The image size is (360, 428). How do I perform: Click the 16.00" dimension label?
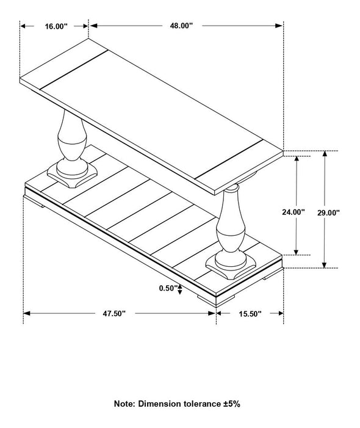pyautogui.click(x=56, y=26)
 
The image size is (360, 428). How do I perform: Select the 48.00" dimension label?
pyautogui.click(x=181, y=26)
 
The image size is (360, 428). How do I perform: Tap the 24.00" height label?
pyautogui.click(x=293, y=212)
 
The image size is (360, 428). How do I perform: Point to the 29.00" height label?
pyautogui.click(x=328, y=213)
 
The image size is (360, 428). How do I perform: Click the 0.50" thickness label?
pyautogui.click(x=168, y=288)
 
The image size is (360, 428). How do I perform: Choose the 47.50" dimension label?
pyautogui.click(x=114, y=314)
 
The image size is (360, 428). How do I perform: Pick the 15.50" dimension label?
pyautogui.click(x=250, y=314)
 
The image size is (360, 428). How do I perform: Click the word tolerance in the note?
pyautogui.click(x=201, y=404)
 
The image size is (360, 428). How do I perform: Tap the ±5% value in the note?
pyautogui.click(x=231, y=404)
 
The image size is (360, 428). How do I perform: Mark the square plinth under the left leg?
pyautogui.click(x=72, y=175)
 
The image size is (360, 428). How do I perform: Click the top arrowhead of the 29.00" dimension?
pyautogui.click(x=324, y=154)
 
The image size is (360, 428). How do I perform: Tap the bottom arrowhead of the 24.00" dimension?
pyautogui.click(x=297, y=252)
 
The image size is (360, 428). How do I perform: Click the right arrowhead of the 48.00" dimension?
pyautogui.click(x=279, y=26)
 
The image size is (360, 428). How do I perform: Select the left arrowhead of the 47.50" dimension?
pyautogui.click(x=27, y=313)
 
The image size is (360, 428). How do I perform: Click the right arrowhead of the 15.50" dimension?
pyautogui.click(x=280, y=313)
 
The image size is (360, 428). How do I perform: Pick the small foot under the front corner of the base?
pyautogui.click(x=215, y=300)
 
